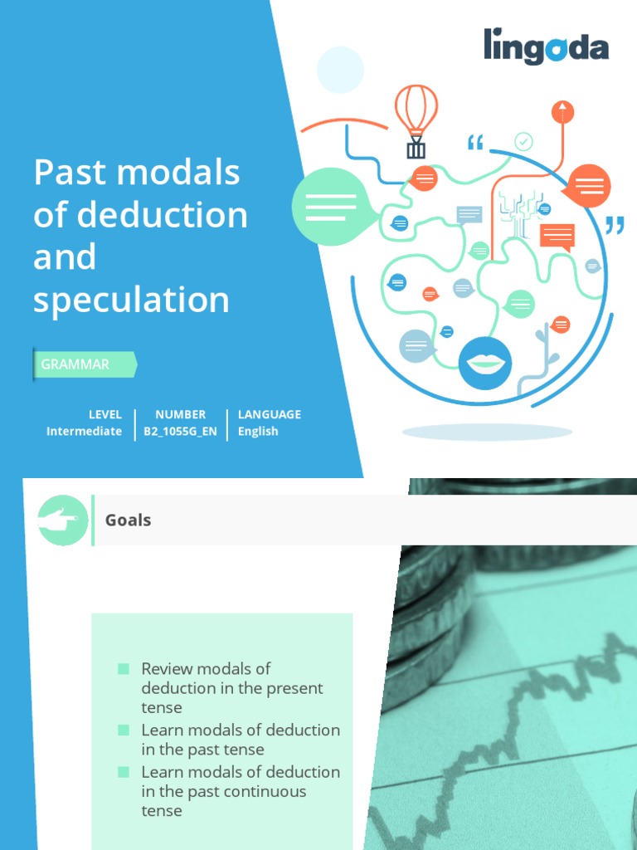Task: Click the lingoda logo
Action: [546, 47]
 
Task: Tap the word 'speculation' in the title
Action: [131, 300]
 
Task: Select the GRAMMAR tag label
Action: [76, 364]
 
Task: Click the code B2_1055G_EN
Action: [180, 432]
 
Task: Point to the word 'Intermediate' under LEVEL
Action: [84, 432]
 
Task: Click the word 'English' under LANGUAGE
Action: [258, 432]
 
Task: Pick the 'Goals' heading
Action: [128, 520]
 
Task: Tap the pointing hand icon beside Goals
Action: [63, 520]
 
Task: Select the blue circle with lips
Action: [485, 364]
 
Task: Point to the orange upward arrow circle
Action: [563, 112]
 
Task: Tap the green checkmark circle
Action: [523, 142]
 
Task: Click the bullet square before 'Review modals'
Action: [124, 669]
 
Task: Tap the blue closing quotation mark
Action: [615, 225]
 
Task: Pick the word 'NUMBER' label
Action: [180, 414]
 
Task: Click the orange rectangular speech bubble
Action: [557, 237]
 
